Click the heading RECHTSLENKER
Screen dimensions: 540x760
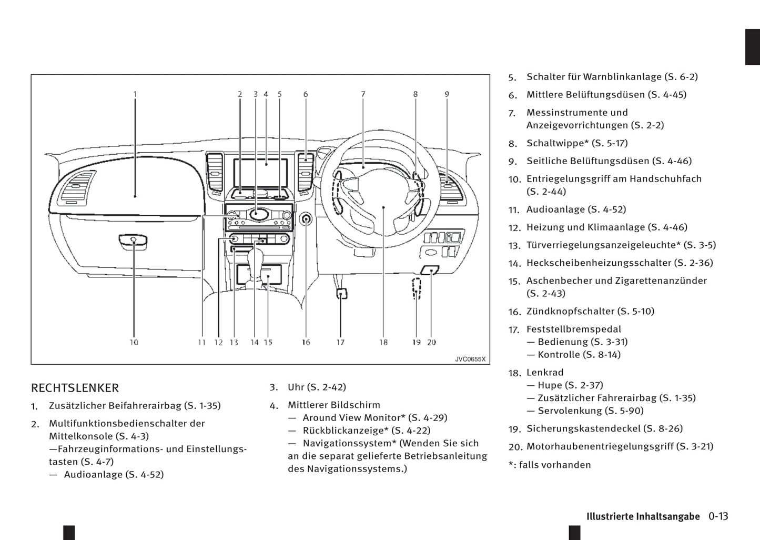pos(75,388)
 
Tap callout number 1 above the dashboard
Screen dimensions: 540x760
pos(135,94)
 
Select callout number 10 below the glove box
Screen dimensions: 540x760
pos(134,342)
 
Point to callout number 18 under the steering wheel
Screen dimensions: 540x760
pos(383,342)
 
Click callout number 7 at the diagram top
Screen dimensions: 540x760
pos(363,94)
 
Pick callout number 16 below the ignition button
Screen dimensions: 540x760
pos(306,342)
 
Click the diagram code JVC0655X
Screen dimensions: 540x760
pos(470,359)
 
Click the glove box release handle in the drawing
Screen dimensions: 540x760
pos(133,241)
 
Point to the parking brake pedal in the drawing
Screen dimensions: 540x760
pos(341,294)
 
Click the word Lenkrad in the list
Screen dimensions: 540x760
pos(545,373)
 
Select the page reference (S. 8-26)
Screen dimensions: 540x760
pos(663,428)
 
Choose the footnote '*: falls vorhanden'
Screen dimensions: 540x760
pos(550,465)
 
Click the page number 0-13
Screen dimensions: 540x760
pos(718,516)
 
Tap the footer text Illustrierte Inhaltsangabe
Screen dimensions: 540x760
pos(643,516)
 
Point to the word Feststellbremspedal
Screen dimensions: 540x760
pos(574,329)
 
